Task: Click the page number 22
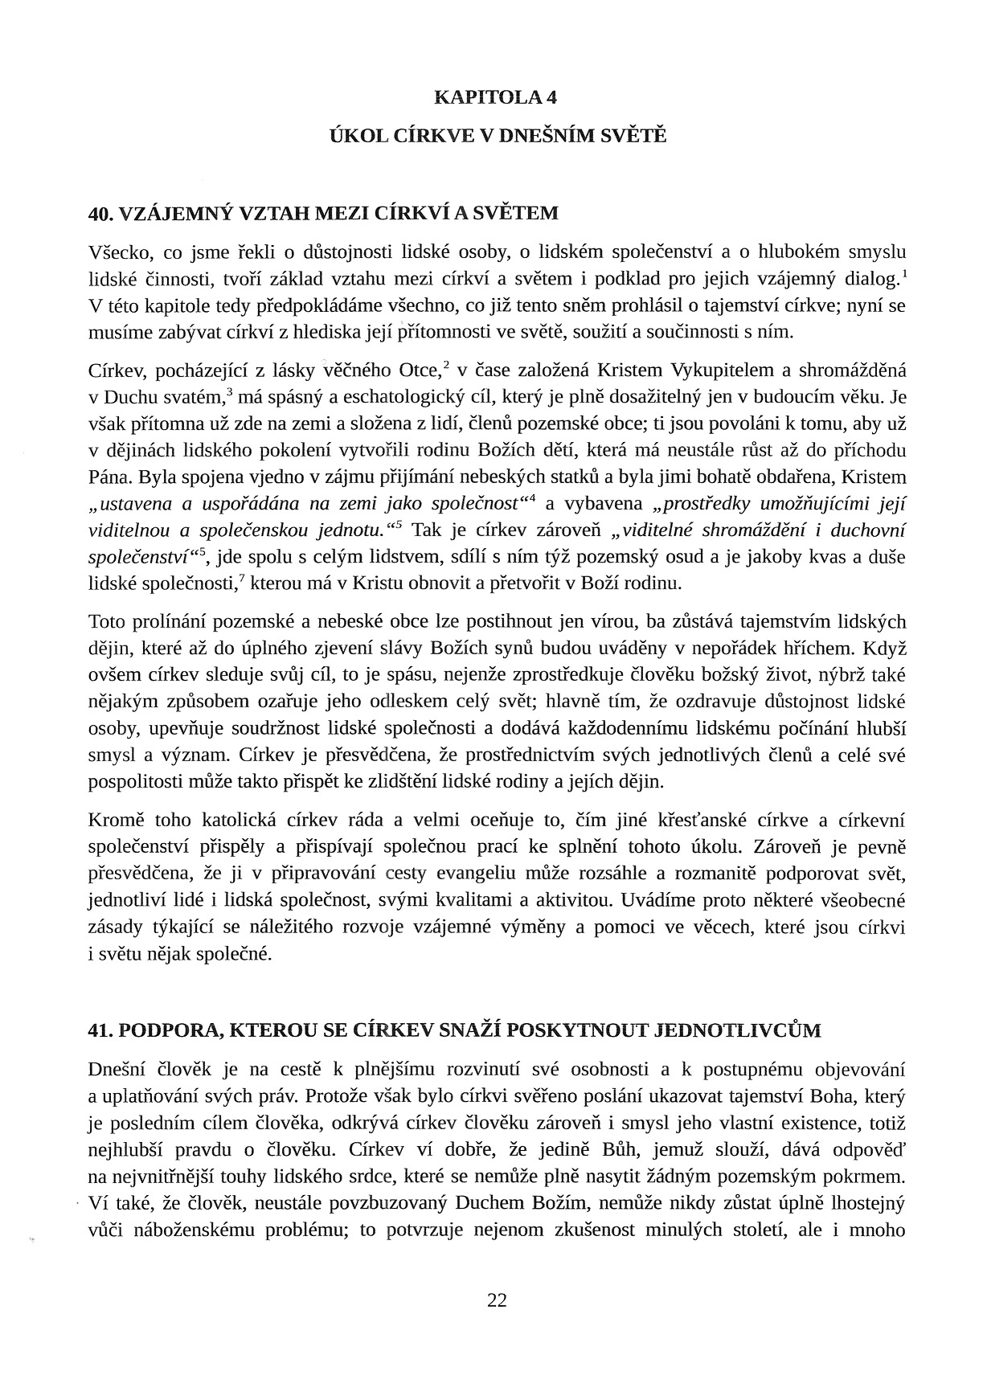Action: point(497,1300)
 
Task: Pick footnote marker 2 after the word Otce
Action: point(446,365)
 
